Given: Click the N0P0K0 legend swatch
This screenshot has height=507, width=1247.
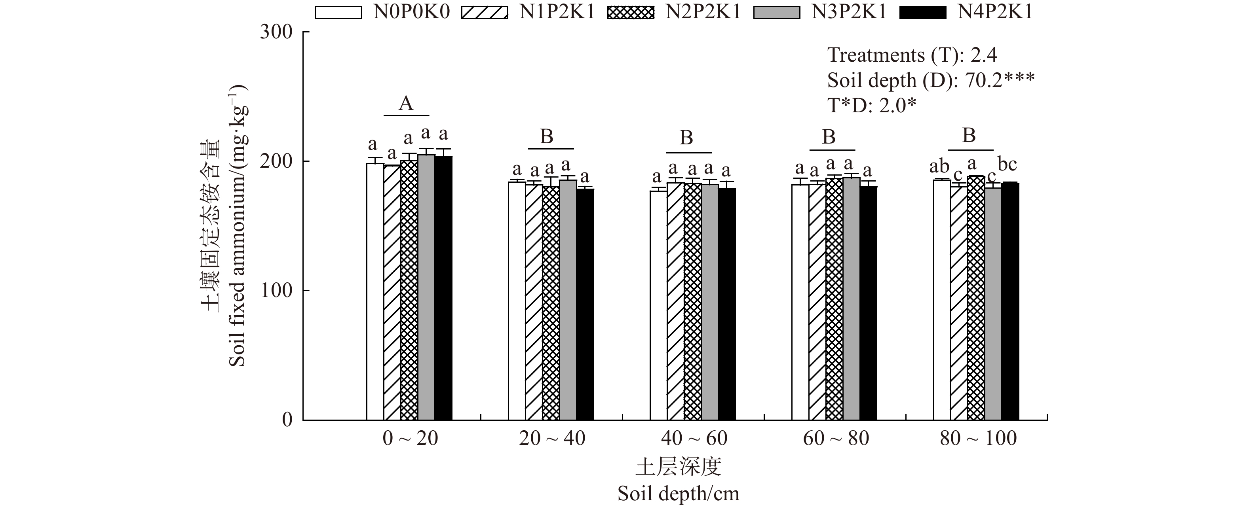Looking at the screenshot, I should (338, 12).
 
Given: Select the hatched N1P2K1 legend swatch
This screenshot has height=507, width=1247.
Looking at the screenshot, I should (485, 12).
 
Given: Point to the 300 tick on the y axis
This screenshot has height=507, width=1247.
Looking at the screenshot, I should (276, 32).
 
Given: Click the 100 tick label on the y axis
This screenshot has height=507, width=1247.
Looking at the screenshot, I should (276, 291).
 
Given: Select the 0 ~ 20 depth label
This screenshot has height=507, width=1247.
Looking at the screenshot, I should (410, 438).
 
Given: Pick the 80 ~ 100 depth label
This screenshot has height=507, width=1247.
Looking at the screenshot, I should (978, 438).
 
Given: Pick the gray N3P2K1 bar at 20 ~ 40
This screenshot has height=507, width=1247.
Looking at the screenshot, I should (568, 300).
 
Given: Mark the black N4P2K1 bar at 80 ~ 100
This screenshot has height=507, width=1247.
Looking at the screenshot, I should (1010, 301).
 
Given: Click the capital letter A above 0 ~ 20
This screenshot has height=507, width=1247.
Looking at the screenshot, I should (406, 104).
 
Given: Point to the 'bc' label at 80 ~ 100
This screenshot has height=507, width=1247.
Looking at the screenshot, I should (1007, 165).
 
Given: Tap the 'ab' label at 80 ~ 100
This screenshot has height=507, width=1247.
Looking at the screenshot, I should (939, 166).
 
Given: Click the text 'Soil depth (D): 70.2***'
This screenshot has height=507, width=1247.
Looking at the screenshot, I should (930, 80).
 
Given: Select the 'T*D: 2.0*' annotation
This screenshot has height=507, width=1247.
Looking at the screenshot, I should (872, 106).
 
